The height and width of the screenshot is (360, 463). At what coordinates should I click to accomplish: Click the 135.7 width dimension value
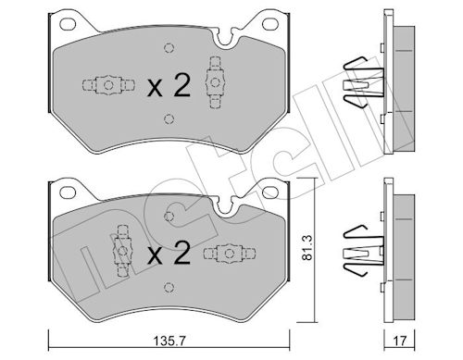coord(169,341)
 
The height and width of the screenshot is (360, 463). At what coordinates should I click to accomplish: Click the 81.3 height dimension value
coord(307,247)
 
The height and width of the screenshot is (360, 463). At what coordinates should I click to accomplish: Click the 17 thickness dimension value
coord(400,341)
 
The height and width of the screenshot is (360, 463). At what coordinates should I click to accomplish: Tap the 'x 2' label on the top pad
coord(169,86)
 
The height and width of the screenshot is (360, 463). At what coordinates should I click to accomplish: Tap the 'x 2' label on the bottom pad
coord(169,253)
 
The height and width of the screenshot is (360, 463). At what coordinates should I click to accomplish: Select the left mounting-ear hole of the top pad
coord(68,24)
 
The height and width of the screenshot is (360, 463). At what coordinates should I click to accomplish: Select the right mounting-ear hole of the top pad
coord(270,24)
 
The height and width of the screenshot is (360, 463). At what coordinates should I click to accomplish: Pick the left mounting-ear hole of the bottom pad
coord(68,192)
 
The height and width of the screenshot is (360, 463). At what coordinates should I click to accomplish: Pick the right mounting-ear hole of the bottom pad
coord(270,192)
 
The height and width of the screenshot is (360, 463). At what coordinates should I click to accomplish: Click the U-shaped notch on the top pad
coord(224,42)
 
